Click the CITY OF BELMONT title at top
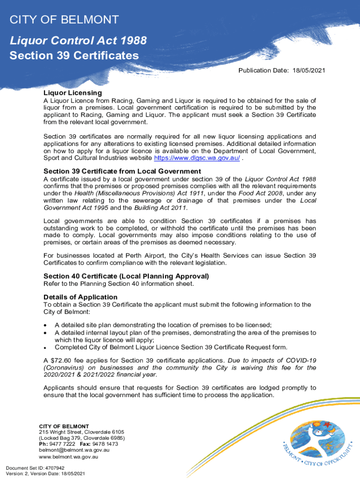[x=64, y=20]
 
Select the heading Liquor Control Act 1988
[x=78, y=41]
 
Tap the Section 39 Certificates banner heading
[x=74, y=56]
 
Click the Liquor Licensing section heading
[x=72, y=93]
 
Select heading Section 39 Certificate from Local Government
[x=122, y=171]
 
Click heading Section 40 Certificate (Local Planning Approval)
[x=126, y=276]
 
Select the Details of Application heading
[x=80, y=297]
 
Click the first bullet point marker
[x=45, y=326]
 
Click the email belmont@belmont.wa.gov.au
[x=74, y=450]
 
